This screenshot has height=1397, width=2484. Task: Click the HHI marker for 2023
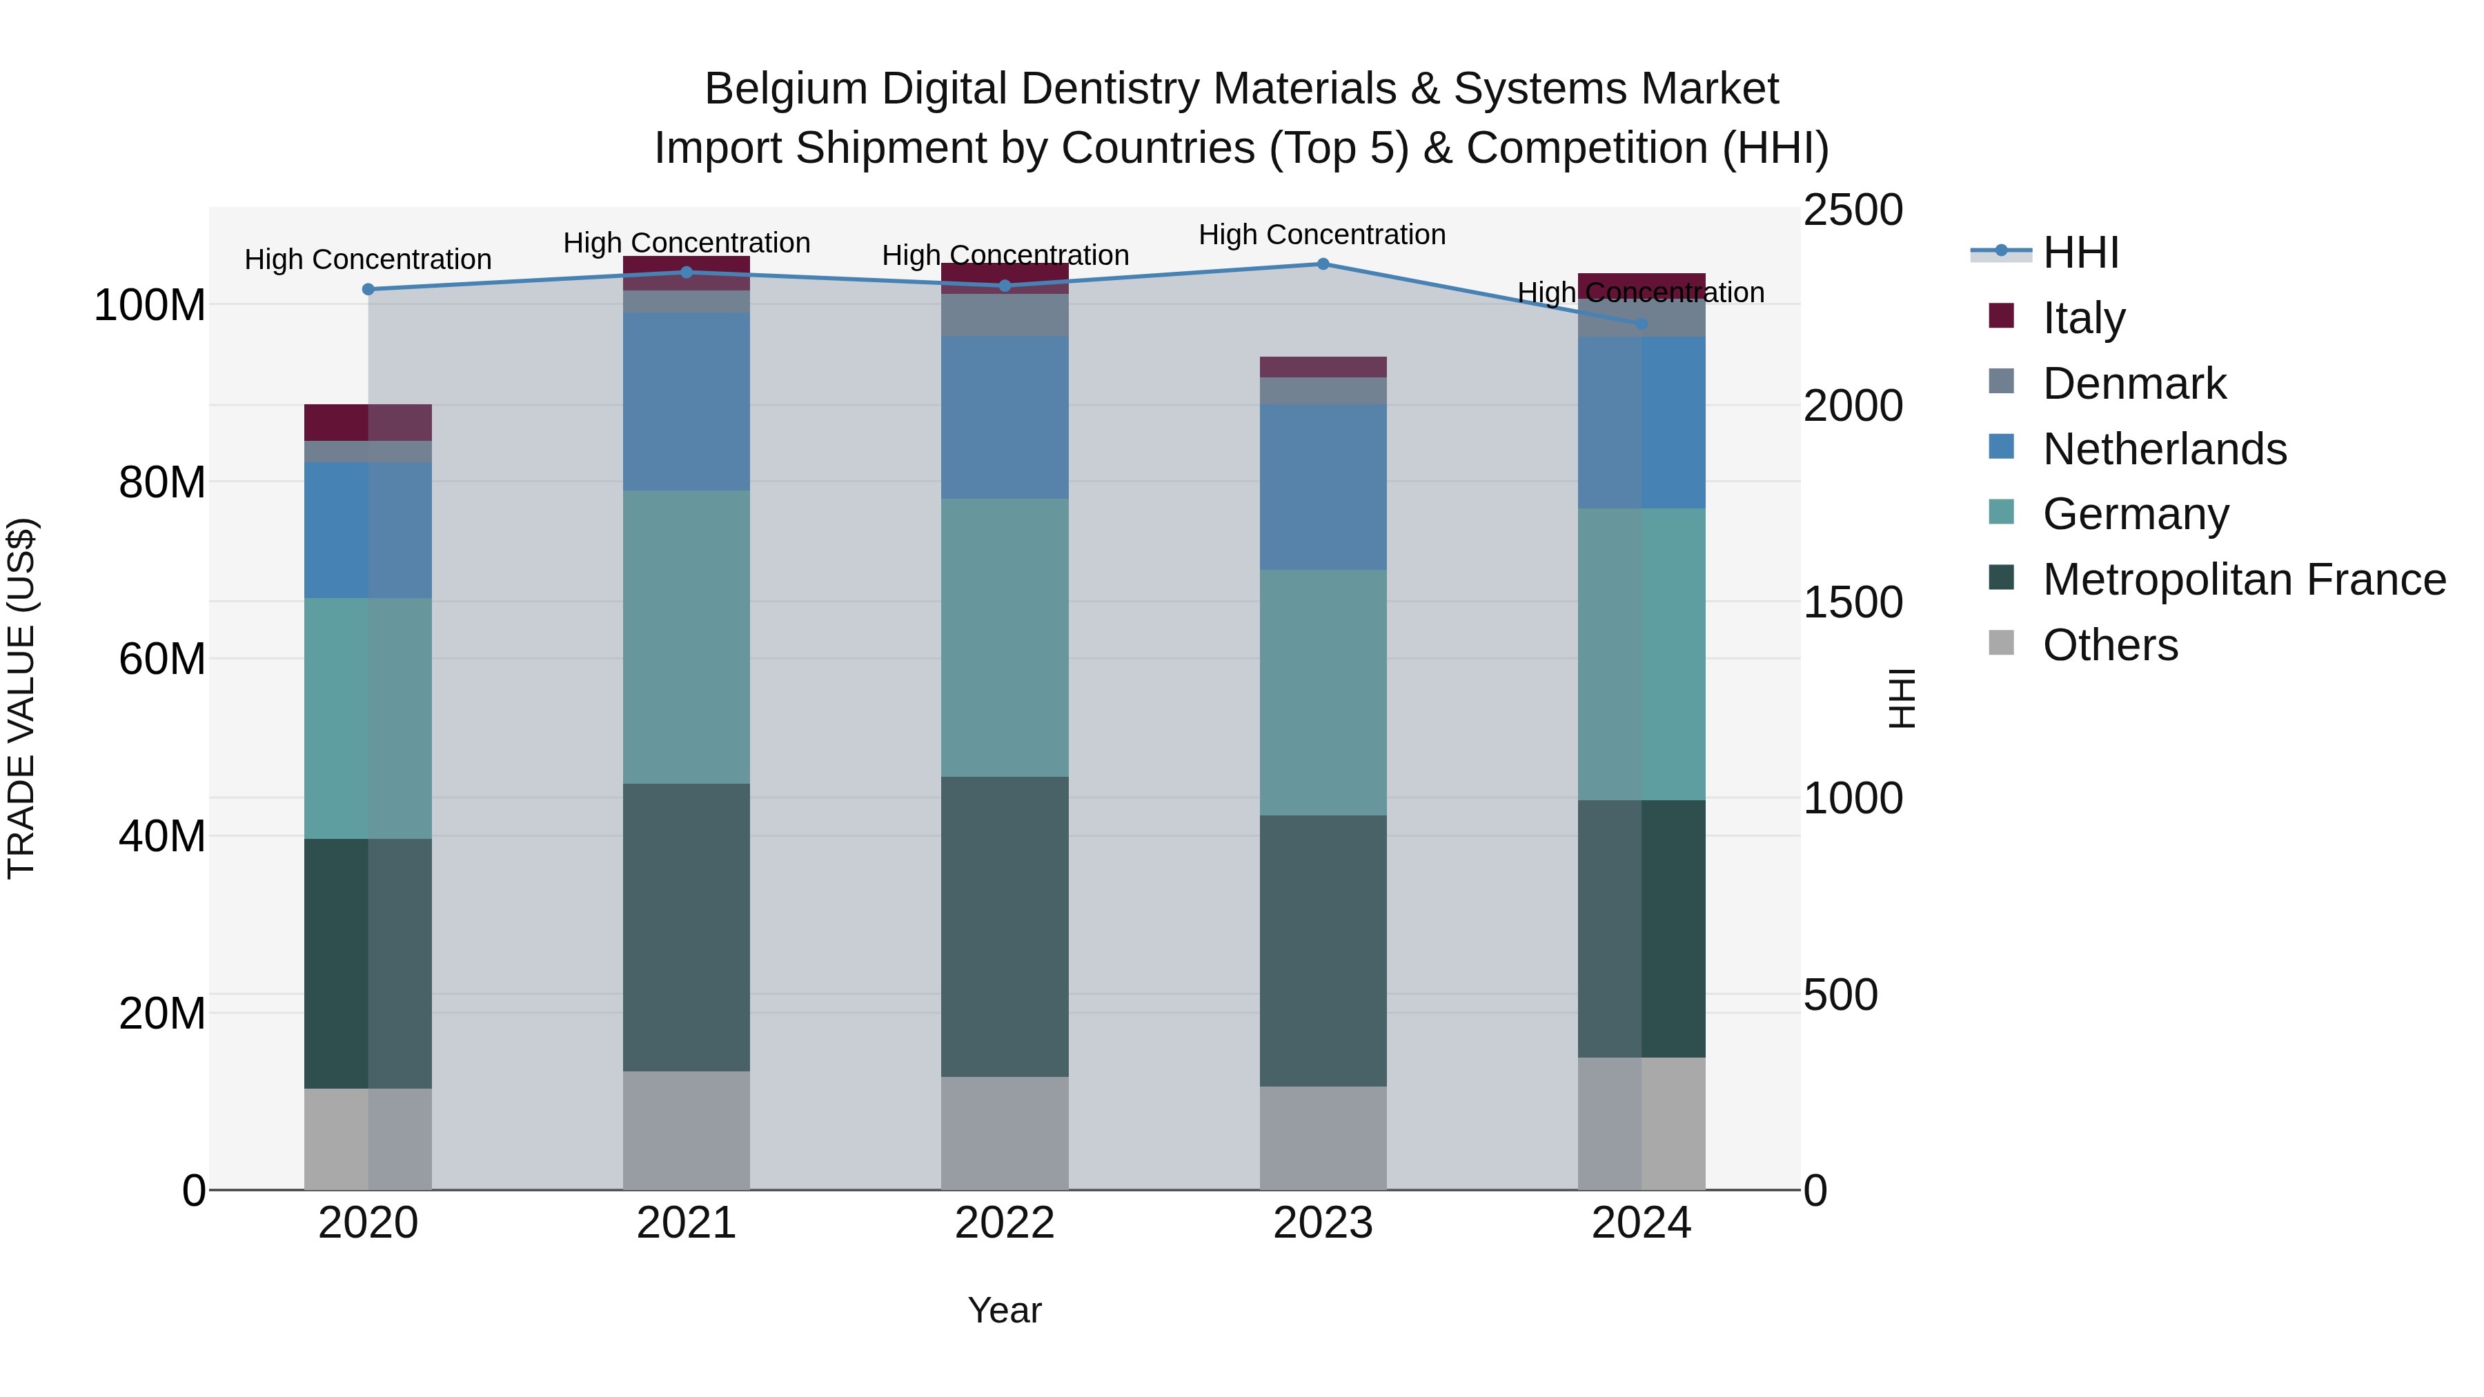(x=1323, y=264)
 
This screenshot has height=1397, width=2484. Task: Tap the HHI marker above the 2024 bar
(x=1642, y=324)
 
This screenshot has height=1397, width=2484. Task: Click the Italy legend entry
(x=2083, y=318)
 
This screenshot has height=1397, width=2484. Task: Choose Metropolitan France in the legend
(x=2243, y=579)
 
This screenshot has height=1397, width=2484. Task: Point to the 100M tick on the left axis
(x=150, y=306)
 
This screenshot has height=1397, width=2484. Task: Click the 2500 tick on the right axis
(x=1853, y=210)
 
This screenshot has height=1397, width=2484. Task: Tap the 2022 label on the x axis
(x=1005, y=1223)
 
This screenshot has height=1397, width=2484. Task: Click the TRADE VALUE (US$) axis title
(x=21, y=698)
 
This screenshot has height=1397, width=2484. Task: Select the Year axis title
(x=1004, y=1310)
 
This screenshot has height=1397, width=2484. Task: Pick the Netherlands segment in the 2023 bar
(x=1323, y=487)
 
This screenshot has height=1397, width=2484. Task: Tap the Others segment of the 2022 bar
(x=1005, y=1133)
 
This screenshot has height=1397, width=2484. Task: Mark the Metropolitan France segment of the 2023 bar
(x=1323, y=951)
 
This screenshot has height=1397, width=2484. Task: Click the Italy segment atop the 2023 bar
(x=1323, y=366)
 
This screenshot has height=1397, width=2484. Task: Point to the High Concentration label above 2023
(x=1322, y=235)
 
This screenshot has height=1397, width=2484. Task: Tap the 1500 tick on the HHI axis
(x=1853, y=602)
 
